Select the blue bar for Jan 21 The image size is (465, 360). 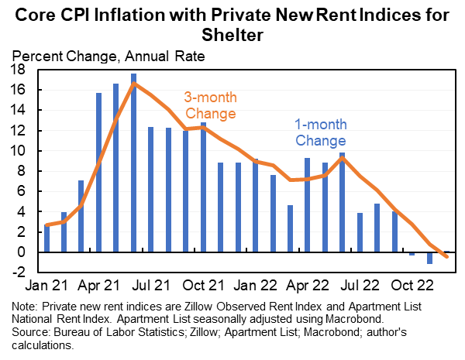tap(47, 238)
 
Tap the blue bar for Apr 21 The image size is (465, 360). tap(99, 173)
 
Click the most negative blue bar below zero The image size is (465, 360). tap(429, 258)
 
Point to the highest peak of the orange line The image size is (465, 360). tap(134, 84)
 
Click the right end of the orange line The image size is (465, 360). tap(446, 257)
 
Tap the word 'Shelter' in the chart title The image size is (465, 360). tap(232, 35)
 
